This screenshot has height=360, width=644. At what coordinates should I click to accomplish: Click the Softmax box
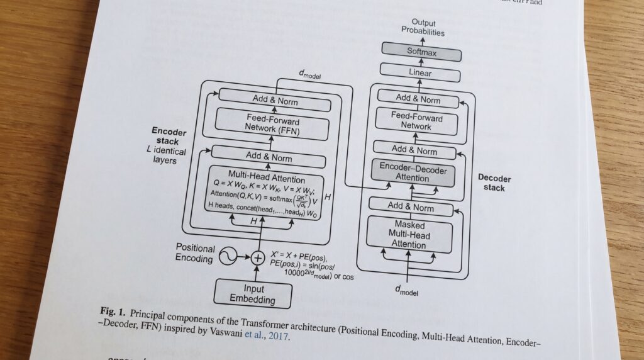421,53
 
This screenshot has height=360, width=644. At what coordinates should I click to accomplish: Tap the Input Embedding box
253,294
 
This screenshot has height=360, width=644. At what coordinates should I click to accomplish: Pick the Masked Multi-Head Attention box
409,234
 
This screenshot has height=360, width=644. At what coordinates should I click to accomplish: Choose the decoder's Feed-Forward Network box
416,121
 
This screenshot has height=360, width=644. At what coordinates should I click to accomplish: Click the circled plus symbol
257,257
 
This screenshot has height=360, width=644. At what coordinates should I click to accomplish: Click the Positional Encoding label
195,253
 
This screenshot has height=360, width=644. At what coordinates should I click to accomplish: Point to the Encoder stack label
169,136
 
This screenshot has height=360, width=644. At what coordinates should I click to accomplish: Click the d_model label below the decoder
406,290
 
